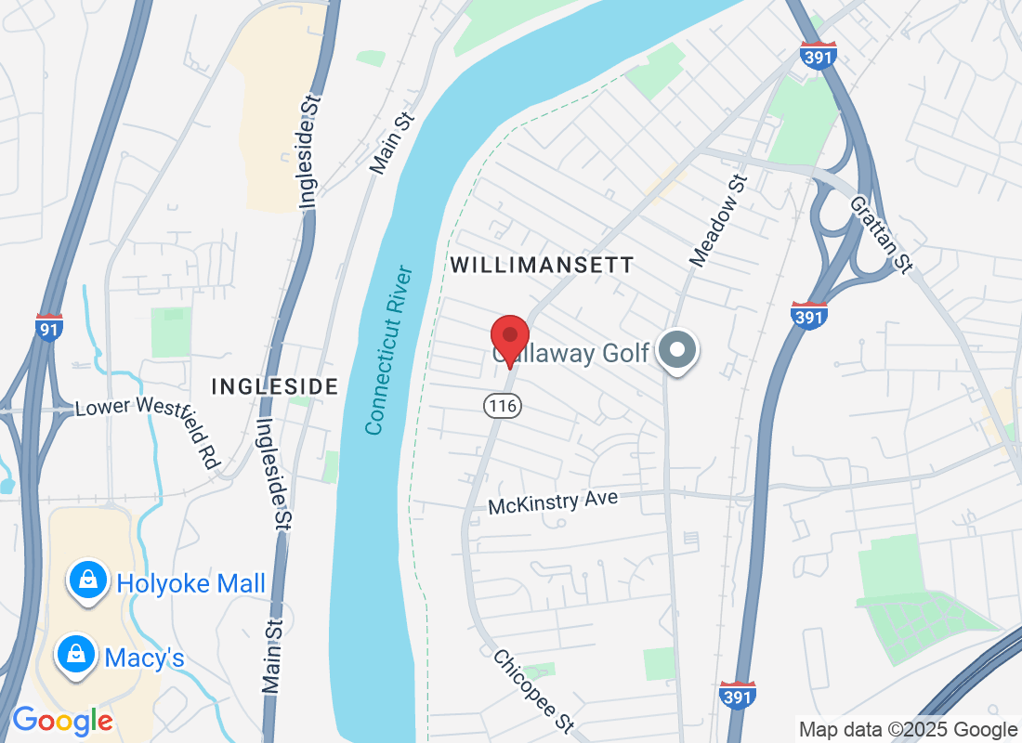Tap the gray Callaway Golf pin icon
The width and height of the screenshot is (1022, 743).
coord(677,351)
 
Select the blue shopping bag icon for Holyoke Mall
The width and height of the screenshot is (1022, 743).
coord(86,580)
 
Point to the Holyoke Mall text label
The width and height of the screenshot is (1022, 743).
coord(191,584)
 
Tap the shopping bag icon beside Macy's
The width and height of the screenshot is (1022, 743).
coord(75,655)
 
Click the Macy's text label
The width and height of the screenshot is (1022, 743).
coord(144,658)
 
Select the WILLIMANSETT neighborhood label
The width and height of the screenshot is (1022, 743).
coord(542,266)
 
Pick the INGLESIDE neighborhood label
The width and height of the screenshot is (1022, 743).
coord(275,386)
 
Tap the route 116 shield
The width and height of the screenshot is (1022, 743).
coord(501,406)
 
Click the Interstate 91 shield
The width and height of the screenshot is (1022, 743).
coord(49,328)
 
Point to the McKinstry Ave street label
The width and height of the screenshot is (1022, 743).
coord(553,502)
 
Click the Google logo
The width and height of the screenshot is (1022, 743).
coord(62,721)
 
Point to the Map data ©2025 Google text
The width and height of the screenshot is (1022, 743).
coord(909,730)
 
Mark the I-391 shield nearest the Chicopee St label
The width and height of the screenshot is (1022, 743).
coord(737,695)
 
